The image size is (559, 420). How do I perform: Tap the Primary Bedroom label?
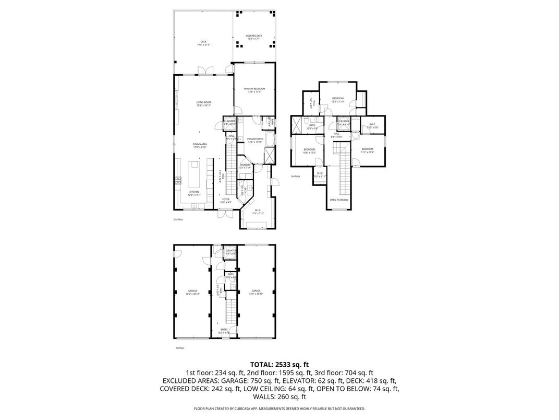click(254, 90)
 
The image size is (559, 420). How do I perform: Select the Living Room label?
click(203, 103)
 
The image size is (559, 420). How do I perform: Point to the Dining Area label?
click(200, 146)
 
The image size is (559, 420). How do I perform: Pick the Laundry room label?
click(246, 166)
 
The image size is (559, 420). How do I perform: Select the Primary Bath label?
click(256, 139)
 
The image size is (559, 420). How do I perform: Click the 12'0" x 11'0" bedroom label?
click(338, 100)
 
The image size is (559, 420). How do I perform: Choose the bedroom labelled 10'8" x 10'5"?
click(309, 151)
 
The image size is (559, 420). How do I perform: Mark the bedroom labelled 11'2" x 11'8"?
click(367, 150)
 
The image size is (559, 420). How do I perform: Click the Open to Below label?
click(338, 200)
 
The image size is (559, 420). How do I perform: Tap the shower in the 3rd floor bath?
click(298, 125)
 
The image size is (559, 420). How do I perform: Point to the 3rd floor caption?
click(296, 177)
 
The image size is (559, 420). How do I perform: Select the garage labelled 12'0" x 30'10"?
click(192, 292)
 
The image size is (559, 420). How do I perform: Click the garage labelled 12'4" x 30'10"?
click(256, 292)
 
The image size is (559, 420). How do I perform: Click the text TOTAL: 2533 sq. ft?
click(279, 364)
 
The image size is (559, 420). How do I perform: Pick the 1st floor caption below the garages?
click(179, 347)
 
